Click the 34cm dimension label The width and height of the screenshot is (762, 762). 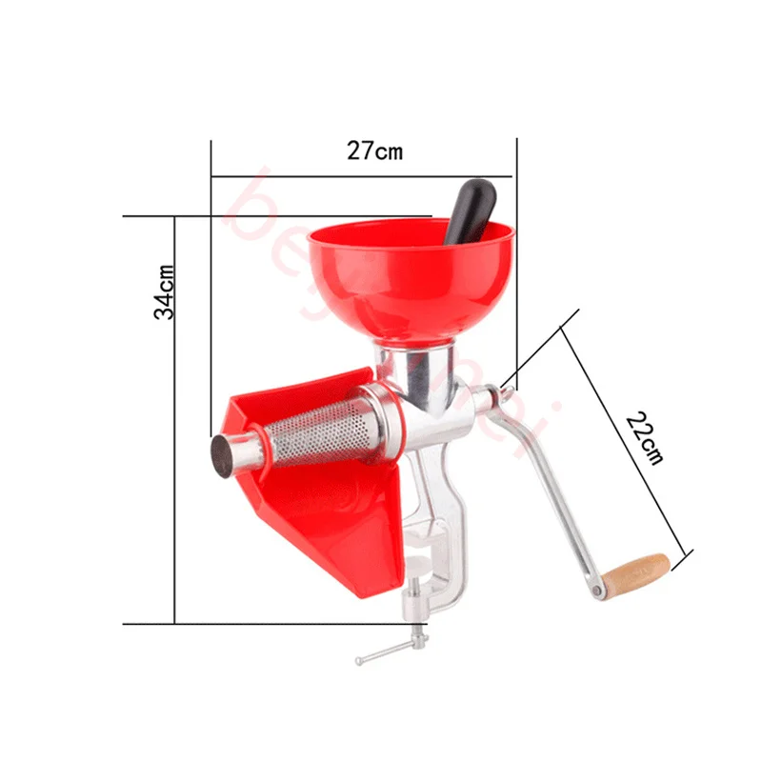point(163,291)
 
